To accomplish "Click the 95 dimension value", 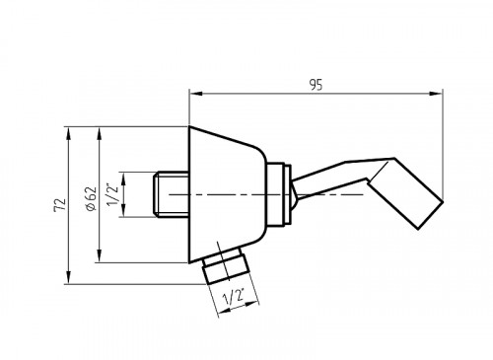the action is (316, 85).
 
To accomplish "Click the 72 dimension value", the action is (60, 205).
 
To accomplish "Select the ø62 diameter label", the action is (90, 198).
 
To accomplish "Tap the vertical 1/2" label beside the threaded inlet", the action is (112, 195).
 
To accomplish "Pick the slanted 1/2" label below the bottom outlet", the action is (234, 297).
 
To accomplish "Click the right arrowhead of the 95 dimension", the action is (436, 94).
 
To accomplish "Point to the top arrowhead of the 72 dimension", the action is (68, 133).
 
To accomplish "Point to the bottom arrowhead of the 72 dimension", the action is (68, 277).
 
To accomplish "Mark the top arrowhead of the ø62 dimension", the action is (99, 133).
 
